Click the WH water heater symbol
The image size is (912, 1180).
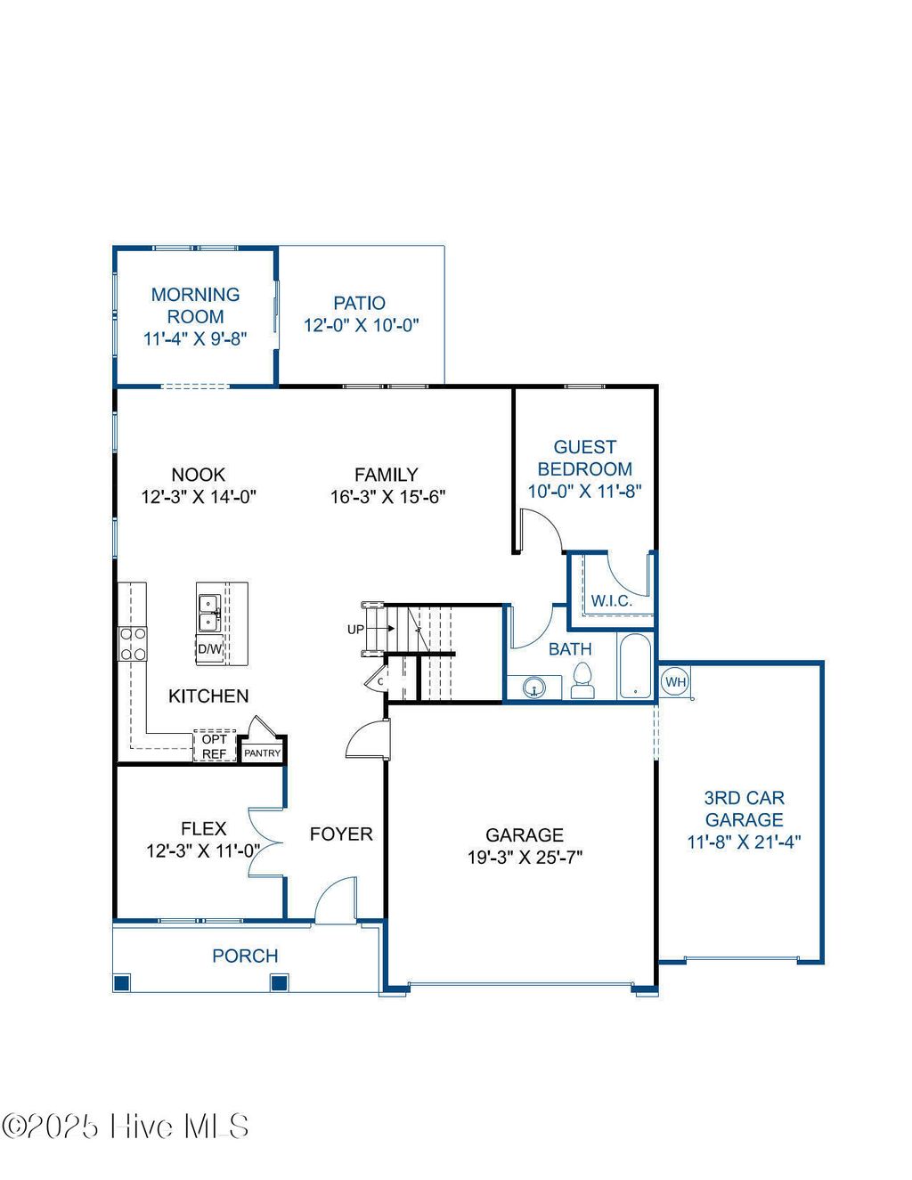tap(676, 682)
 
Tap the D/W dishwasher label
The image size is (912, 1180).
tap(209, 649)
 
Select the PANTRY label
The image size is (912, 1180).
tap(262, 753)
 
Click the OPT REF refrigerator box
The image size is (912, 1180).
tap(214, 746)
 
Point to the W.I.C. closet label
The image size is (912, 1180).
tap(611, 601)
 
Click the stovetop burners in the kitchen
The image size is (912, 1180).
tap(133, 644)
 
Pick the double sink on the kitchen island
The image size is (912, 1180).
tap(209, 612)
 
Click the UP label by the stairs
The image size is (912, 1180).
tap(355, 630)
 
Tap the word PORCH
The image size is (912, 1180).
tap(245, 956)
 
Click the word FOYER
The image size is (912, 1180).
tap(341, 834)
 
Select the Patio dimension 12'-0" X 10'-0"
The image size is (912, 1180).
tap(361, 325)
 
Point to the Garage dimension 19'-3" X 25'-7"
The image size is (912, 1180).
tap(525, 858)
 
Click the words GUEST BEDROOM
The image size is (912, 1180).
tap(585, 458)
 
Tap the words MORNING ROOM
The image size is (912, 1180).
tap(195, 305)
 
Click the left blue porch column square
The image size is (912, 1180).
tap(122, 983)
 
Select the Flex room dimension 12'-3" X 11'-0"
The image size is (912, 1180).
tap(203, 850)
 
